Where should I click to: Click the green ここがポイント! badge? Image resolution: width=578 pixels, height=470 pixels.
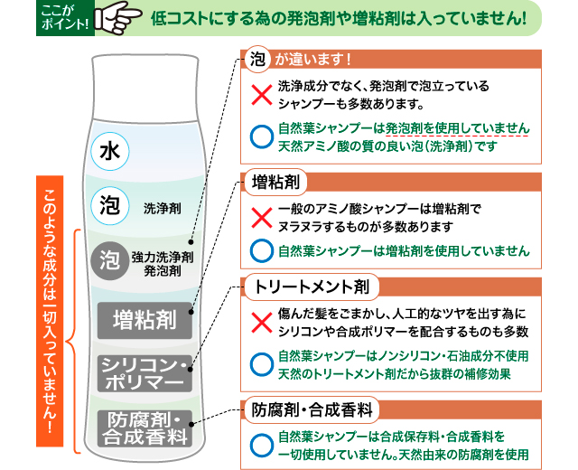point(63,16)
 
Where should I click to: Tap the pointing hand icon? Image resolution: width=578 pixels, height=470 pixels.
point(117,17)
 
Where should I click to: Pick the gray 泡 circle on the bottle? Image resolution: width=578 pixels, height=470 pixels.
point(109,260)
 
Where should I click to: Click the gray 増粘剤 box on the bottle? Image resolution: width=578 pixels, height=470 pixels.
point(144,319)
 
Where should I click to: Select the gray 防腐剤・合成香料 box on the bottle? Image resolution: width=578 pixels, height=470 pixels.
point(145,428)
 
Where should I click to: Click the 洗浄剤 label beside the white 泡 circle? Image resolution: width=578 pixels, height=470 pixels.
point(163,208)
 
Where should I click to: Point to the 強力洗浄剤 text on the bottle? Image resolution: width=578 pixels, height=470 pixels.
point(163,256)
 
